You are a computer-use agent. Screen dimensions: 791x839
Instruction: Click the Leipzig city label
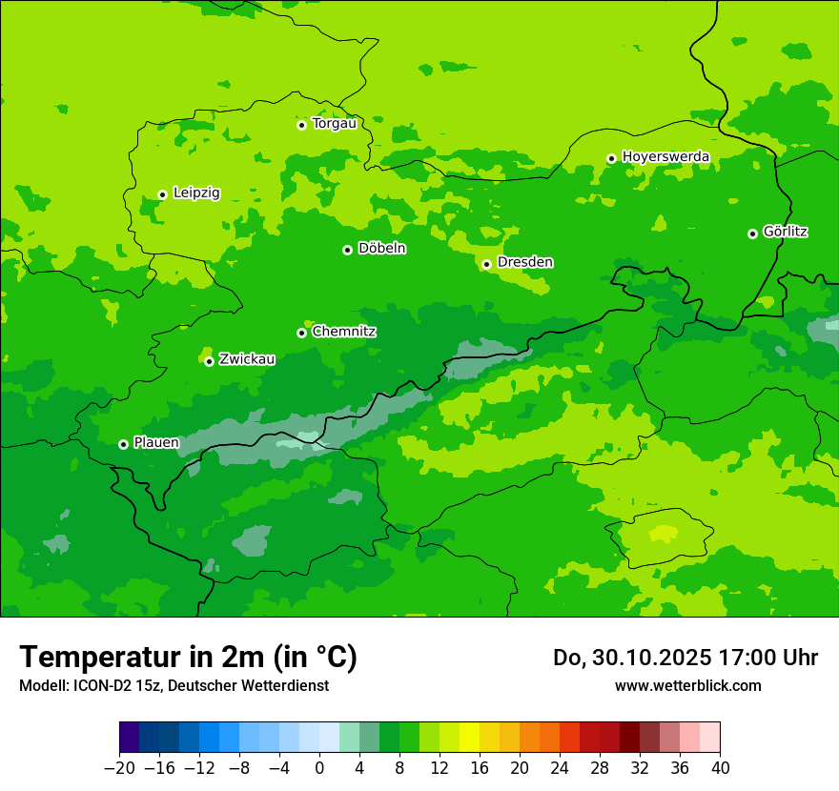click(196, 193)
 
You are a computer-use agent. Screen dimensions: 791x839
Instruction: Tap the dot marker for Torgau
click(301, 125)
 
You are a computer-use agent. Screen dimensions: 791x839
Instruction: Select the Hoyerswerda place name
click(665, 156)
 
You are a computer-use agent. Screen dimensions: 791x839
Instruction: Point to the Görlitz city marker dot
click(752, 233)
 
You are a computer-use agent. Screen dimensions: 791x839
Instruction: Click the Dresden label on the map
click(525, 262)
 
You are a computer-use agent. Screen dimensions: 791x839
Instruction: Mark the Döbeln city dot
click(347, 250)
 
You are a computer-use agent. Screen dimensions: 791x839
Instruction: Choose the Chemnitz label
click(344, 332)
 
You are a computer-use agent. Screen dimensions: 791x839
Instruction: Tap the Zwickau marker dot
click(209, 361)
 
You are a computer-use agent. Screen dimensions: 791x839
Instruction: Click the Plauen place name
click(156, 443)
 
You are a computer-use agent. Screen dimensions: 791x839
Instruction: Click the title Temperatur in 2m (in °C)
click(188, 657)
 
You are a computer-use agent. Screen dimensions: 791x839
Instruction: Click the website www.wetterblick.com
click(687, 685)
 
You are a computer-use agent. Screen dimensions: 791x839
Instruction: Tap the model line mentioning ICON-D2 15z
click(174, 685)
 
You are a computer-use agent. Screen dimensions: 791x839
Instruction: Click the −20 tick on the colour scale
click(119, 768)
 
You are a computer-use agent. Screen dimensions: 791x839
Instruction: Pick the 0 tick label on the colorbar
click(319, 768)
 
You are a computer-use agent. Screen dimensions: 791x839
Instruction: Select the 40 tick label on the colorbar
click(720, 768)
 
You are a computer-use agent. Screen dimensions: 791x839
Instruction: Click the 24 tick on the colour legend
click(560, 768)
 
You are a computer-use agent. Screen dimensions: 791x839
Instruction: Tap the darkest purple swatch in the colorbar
click(129, 738)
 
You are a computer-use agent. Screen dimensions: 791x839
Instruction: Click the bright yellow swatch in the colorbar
click(469, 738)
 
